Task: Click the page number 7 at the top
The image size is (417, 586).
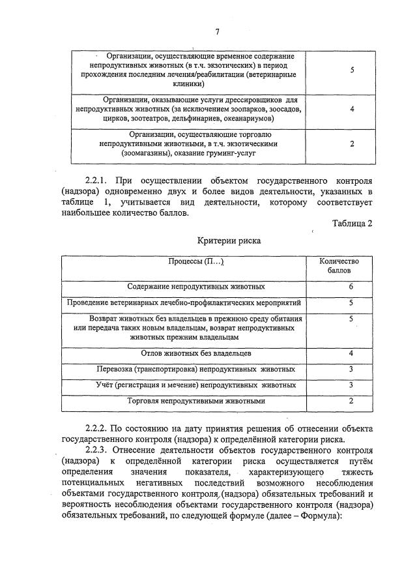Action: (217, 31)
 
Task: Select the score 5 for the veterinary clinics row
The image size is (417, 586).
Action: (351, 70)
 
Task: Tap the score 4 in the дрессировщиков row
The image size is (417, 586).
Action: (351, 109)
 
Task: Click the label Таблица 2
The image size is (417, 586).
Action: (352, 224)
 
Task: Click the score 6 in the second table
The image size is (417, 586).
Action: (351, 286)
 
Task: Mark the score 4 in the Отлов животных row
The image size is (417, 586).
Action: (351, 353)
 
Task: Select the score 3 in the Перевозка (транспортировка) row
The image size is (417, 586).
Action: (351, 369)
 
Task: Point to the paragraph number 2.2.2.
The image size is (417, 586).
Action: (98, 428)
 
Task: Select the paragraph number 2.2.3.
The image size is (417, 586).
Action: (98, 450)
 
